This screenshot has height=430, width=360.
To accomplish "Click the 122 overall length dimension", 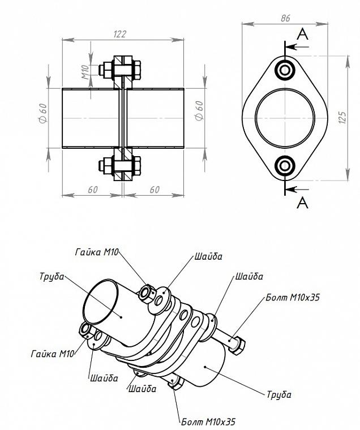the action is click(119, 34).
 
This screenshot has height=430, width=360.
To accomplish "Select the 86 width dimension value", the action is click(285, 18).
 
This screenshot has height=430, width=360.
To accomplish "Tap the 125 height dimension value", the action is click(342, 117).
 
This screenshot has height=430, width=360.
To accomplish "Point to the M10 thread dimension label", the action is click(86, 72).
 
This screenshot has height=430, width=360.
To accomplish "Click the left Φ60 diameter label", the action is click(44, 113).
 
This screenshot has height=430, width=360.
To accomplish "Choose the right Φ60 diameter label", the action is click(199, 110).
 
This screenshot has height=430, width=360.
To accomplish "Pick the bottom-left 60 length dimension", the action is click(93, 190).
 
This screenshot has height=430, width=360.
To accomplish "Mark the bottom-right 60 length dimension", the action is click(155, 190).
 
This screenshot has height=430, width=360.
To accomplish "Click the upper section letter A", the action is click(302, 35).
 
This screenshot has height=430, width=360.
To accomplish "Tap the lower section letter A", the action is click(302, 203).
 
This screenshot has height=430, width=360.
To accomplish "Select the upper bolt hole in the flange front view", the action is click(285, 70).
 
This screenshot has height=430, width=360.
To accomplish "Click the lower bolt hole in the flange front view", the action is click(285, 166).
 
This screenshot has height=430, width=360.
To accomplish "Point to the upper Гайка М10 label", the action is click(97, 252).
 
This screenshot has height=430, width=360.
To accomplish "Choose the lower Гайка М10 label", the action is click(53, 354).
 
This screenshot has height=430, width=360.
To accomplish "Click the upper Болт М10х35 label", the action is click(293, 297).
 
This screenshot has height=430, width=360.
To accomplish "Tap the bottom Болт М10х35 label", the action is click(208, 421).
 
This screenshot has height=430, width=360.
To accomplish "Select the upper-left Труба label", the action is click(52, 277).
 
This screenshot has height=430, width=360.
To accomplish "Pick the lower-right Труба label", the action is click(279, 394).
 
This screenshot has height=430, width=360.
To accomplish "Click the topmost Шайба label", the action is click(208, 256).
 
